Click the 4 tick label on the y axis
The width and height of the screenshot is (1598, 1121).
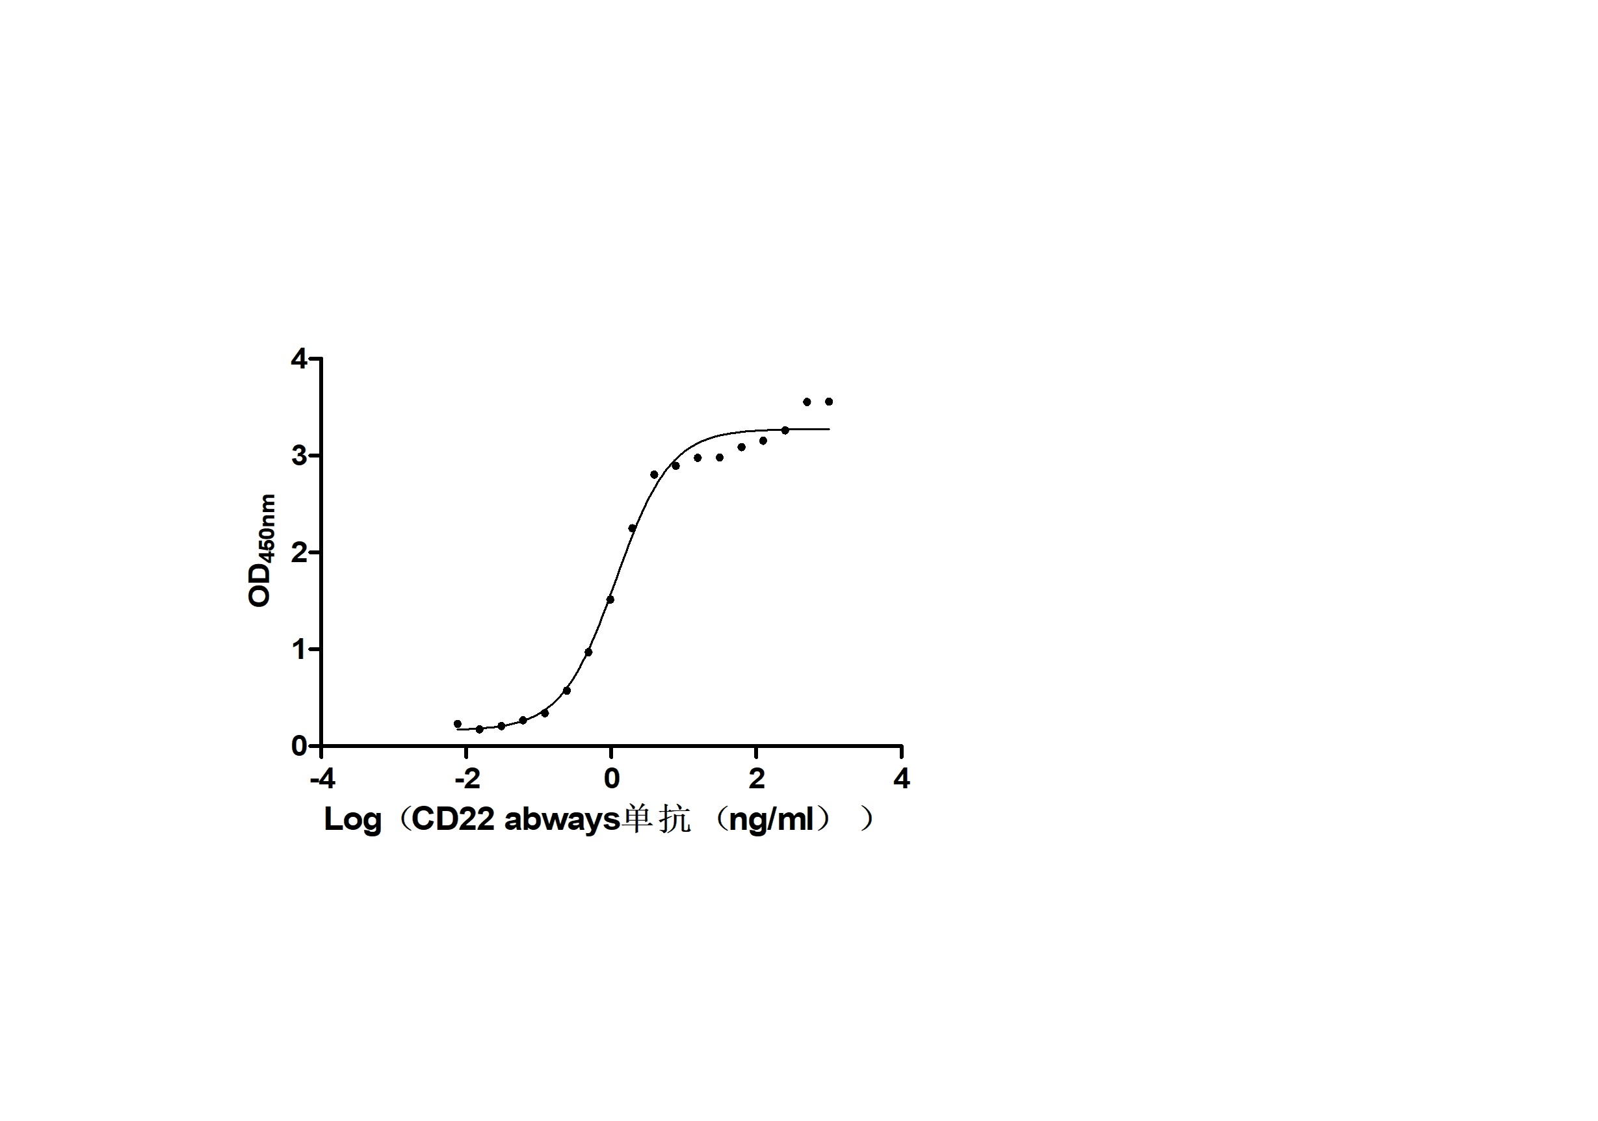tap(298, 359)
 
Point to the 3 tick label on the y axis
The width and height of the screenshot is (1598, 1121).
tap(298, 456)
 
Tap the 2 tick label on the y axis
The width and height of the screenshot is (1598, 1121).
tap(298, 552)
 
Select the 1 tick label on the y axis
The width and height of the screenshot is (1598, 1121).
tap(298, 649)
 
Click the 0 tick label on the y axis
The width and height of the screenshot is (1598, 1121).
tap(298, 746)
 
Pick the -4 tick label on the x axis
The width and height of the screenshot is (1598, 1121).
tap(322, 779)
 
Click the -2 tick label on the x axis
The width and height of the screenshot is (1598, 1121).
tap(467, 779)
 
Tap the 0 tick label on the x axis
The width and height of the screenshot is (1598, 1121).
tap(611, 779)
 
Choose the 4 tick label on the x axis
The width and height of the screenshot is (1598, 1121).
tap(901, 779)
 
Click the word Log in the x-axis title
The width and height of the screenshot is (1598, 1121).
tap(352, 819)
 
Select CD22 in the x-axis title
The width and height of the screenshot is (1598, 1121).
tap(453, 819)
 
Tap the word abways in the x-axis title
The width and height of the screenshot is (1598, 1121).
tap(562, 819)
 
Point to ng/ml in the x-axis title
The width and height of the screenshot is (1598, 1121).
tap(771, 819)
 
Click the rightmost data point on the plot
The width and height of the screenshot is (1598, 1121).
tap(828, 402)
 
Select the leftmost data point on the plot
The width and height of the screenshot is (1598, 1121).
tap(457, 724)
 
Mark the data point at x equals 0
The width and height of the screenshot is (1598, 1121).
tap(610, 599)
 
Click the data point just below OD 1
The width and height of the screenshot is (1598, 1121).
tap(588, 652)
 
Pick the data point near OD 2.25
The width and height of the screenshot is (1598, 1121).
tap(632, 528)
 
